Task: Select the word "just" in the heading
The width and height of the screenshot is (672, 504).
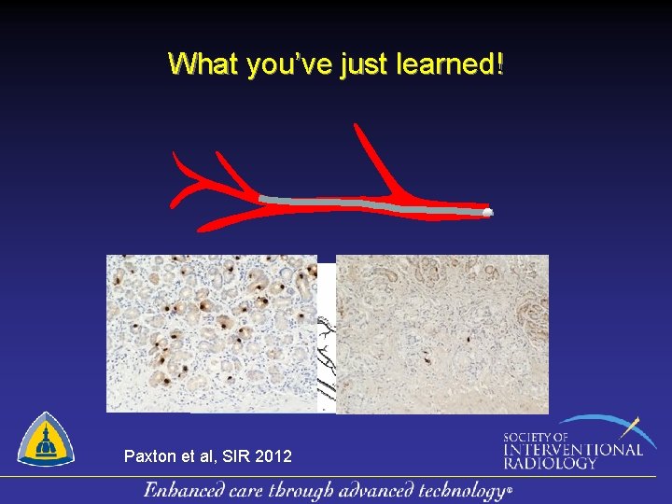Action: coord(357,64)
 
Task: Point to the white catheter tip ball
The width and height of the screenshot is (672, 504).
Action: coord(487,213)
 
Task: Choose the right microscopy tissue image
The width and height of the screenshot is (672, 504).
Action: coord(441,333)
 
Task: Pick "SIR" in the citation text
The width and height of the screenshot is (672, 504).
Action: coord(235,456)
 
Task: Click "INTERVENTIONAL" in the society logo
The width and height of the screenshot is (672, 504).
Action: coord(571,449)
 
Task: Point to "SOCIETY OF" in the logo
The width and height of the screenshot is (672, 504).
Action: coord(535,437)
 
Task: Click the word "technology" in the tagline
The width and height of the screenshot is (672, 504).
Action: coord(456,491)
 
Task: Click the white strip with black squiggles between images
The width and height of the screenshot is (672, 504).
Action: coord(326,355)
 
